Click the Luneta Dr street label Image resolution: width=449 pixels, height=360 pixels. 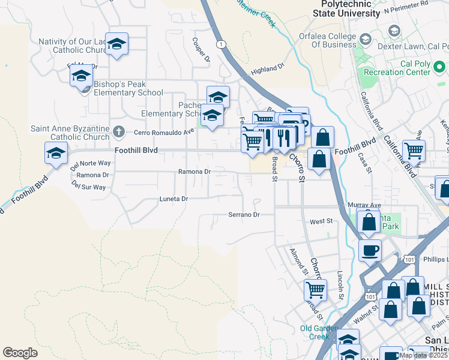173,199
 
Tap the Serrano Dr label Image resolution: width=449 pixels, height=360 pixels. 244,214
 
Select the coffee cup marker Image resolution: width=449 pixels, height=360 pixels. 370,249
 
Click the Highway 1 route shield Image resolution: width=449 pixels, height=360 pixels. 222,44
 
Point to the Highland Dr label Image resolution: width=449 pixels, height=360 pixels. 267,70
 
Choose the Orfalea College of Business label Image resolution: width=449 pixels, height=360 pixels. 328,40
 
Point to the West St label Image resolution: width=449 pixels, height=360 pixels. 321,222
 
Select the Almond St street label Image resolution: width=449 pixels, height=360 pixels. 298,260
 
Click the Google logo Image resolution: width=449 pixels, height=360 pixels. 20,352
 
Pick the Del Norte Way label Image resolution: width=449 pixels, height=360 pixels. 91,163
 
